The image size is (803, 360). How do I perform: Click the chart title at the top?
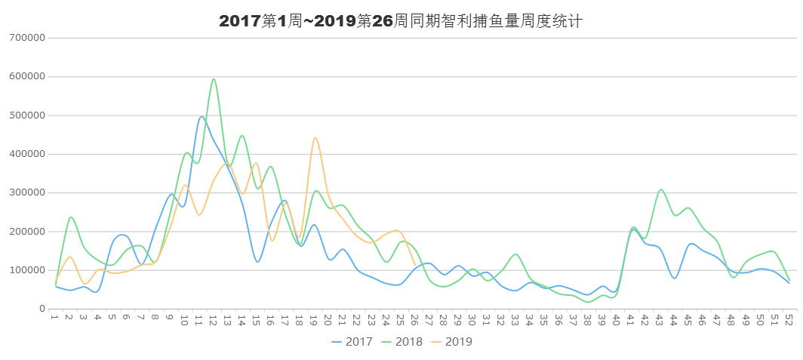click(401, 21)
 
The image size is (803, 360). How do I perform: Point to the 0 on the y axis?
click(42, 309)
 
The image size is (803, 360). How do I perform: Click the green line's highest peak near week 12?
click(214, 78)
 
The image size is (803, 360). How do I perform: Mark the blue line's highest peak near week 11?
click(201, 116)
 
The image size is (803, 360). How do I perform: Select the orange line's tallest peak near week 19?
click(315, 137)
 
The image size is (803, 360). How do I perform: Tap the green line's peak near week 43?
click(660, 189)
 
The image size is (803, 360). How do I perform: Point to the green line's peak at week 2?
click(71, 217)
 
